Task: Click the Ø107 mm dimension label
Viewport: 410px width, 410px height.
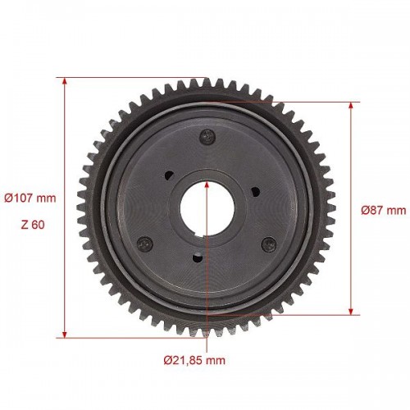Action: (x=30, y=198)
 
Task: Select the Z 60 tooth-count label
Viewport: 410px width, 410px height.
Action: (x=33, y=225)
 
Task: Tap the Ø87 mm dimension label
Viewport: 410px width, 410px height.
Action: (x=384, y=210)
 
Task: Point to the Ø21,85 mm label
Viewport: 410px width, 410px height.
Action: (x=194, y=360)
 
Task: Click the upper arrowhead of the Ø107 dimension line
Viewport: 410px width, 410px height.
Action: (x=65, y=81)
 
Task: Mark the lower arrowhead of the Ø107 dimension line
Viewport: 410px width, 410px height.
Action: (x=65, y=335)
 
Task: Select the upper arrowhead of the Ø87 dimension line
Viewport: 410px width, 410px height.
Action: (x=351, y=106)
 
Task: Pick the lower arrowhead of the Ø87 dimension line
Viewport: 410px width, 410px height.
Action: (x=351, y=312)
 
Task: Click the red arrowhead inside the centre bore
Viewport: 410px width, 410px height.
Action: (x=207, y=184)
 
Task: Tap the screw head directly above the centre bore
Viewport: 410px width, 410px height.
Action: (x=208, y=136)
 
